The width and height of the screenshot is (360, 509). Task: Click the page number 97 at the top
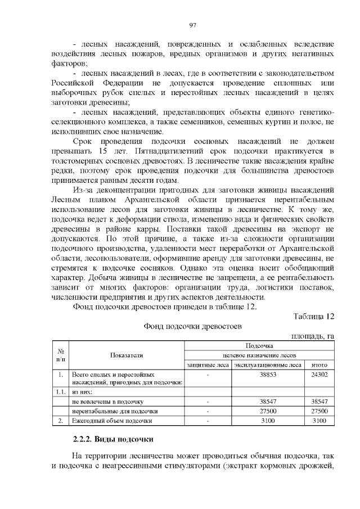193,25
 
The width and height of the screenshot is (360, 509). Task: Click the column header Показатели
127,355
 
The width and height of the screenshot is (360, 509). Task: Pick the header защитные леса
208,364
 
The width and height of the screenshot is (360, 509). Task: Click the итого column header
319,364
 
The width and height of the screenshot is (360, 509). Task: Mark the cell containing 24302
319,374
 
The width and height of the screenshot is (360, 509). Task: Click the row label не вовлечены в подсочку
108,402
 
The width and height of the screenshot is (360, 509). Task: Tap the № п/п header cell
60,355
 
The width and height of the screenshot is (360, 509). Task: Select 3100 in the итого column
319,421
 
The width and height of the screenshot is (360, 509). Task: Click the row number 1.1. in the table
60,392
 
